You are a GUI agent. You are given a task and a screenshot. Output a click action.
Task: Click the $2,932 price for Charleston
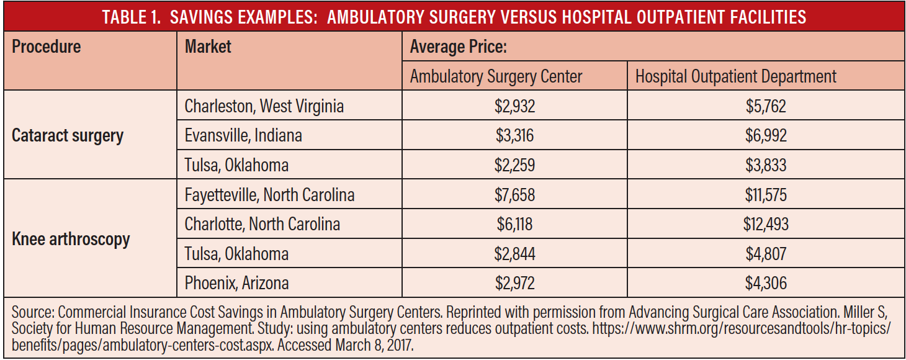[514, 106]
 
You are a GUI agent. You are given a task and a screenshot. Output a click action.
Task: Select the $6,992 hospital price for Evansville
[766, 136]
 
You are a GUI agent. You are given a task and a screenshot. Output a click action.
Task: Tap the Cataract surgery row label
[68, 136]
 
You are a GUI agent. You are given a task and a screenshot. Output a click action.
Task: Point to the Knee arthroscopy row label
[71, 239]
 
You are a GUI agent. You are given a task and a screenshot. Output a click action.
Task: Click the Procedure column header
[47, 47]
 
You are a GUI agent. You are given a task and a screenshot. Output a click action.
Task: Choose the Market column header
[208, 47]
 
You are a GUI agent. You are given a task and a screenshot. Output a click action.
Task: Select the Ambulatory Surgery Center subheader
[496, 76]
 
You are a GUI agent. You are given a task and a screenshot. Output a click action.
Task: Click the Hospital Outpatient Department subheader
[735, 76]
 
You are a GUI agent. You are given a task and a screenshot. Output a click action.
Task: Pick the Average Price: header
[459, 47]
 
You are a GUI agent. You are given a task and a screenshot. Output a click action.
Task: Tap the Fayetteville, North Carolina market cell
[269, 195]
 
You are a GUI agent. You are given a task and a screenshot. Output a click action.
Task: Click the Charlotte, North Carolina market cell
[262, 224]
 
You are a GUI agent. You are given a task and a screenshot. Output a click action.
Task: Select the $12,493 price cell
[766, 224]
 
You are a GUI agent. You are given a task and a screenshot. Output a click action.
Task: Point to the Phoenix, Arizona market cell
[236, 283]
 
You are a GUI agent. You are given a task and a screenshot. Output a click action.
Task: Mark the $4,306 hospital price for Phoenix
[766, 283]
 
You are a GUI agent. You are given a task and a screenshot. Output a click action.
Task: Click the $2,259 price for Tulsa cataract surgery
[514, 165]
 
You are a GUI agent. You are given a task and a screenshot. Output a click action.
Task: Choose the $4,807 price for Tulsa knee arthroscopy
[766, 254]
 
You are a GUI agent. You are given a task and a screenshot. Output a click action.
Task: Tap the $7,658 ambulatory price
[514, 195]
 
